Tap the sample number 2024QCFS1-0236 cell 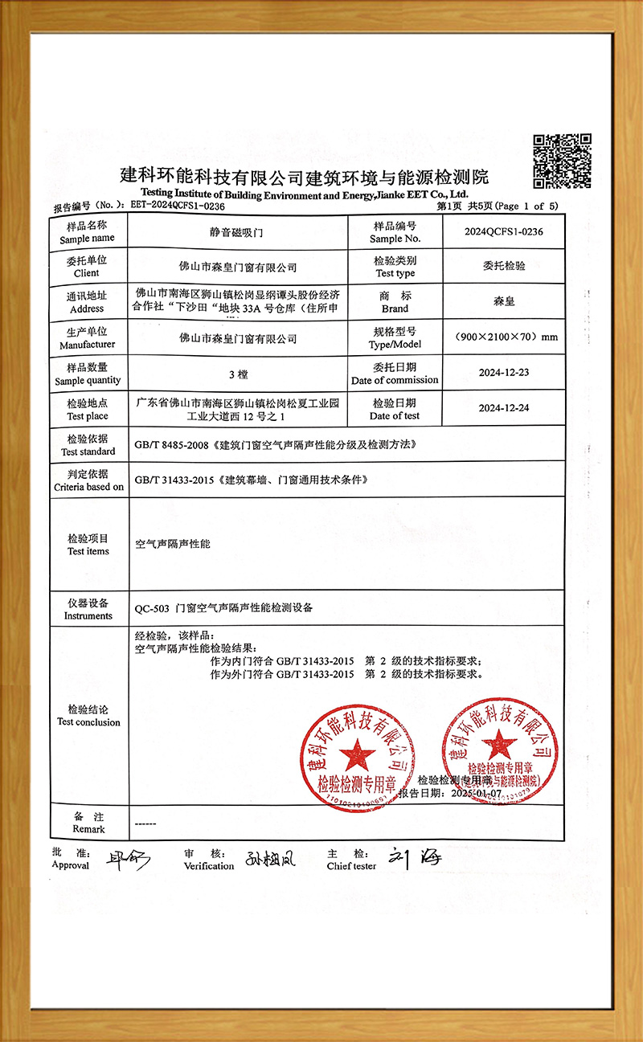tap(504, 232)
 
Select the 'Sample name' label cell tap(87, 232)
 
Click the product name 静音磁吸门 tap(237, 232)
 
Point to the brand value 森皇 tap(504, 303)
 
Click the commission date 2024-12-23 tap(503, 374)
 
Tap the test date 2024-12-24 tap(503, 409)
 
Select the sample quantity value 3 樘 tap(237, 374)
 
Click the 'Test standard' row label tap(88, 445)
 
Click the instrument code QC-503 tap(151, 608)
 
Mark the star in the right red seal tap(502, 745)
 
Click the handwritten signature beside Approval tap(127, 860)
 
